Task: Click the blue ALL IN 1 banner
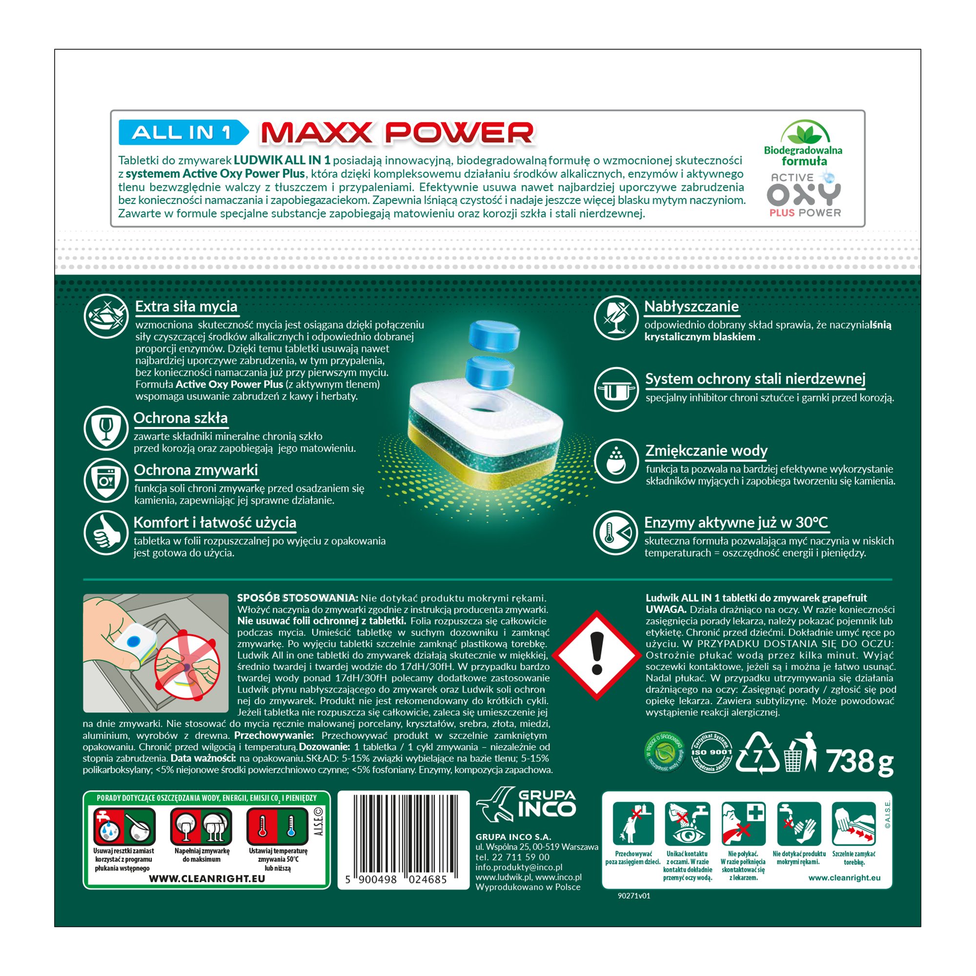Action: (183, 132)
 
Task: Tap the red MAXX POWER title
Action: (397, 133)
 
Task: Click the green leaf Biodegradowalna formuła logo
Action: (803, 143)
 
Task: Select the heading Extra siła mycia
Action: (186, 306)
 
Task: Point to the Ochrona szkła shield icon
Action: (105, 428)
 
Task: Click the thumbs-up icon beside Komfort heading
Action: (105, 532)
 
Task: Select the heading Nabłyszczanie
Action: (691, 306)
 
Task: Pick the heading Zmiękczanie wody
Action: (706, 450)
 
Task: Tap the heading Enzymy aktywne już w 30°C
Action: (736, 522)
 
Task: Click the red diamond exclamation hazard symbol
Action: (597, 655)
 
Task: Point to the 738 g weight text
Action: (859, 761)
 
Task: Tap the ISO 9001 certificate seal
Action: (711, 752)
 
